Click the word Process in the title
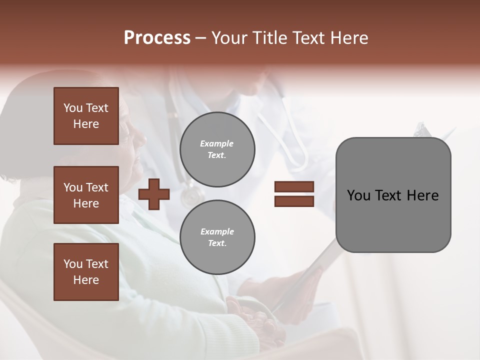(x=157, y=38)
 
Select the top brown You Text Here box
(x=86, y=116)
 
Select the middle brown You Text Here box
(x=86, y=195)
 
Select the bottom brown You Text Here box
(x=86, y=272)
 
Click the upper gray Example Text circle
(x=217, y=149)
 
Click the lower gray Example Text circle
(x=217, y=237)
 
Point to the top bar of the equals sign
(x=294, y=187)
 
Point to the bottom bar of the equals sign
(x=294, y=201)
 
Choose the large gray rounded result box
(x=393, y=195)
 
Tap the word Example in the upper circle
(x=217, y=143)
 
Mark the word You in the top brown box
(x=72, y=108)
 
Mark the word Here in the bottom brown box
(x=86, y=280)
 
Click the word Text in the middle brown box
(x=97, y=187)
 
